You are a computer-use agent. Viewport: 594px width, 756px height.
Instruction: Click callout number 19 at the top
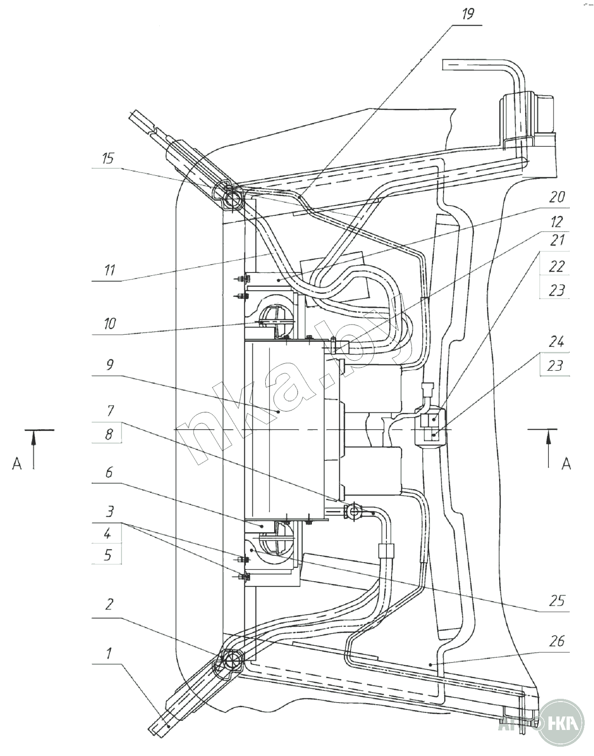[x=467, y=14]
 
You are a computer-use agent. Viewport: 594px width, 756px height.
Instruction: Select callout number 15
[x=108, y=159]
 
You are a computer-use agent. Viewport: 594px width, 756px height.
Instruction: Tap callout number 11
[x=109, y=270]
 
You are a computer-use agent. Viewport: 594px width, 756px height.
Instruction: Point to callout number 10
[x=109, y=323]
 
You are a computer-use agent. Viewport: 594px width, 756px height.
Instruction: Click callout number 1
[x=108, y=654]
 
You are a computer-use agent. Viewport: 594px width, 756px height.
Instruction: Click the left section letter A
[x=17, y=464]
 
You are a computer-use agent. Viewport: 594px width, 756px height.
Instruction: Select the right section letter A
[x=566, y=463]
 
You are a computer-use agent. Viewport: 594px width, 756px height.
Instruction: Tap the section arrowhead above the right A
[x=549, y=438]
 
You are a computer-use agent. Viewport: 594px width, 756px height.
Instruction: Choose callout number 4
[x=108, y=533]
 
